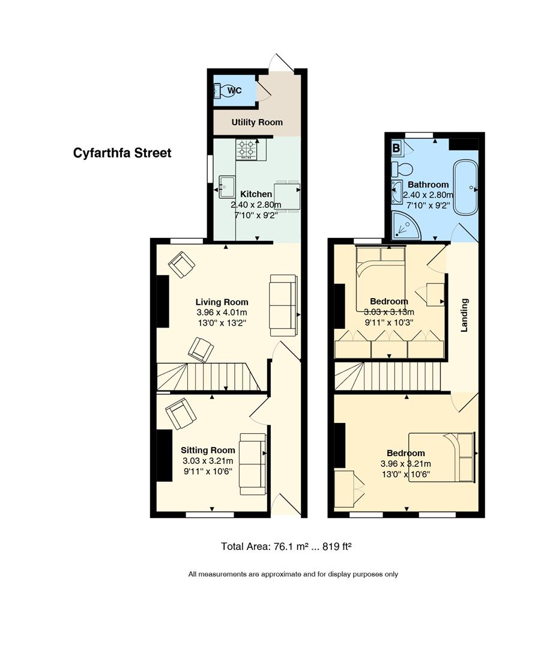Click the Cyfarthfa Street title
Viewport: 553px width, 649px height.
click(122, 153)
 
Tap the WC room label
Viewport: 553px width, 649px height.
click(235, 91)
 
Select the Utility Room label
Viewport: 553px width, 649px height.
click(257, 122)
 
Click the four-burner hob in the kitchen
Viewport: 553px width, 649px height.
click(247, 150)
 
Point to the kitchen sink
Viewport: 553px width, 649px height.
click(227, 187)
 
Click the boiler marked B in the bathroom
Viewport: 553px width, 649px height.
click(396, 147)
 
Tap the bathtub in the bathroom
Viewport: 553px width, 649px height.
click(466, 187)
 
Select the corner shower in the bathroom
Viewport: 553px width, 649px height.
click(405, 225)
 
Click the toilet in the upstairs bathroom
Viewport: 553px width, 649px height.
click(402, 169)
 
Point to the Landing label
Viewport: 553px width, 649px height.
click(465, 315)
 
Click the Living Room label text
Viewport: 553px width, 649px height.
click(222, 302)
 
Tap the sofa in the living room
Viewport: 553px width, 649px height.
click(283, 305)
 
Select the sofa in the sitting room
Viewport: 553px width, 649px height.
click(253, 464)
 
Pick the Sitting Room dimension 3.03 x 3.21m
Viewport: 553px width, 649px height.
click(208, 461)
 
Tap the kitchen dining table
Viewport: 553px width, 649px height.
click(287, 196)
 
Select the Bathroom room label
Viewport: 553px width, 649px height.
click(428, 184)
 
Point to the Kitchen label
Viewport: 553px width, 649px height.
click(256, 194)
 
